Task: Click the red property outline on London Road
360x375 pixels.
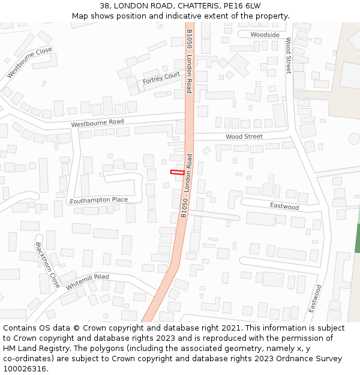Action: coord(177,172)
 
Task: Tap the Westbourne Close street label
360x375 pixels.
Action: coord(29,62)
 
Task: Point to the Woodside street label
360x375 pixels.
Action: coord(265,35)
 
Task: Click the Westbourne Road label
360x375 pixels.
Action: coord(97,122)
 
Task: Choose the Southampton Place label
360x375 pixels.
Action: coord(98,200)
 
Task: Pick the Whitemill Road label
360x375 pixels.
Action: coord(87,282)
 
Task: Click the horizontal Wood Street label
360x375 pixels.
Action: coord(244,137)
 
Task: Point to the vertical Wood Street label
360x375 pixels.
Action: coord(288,56)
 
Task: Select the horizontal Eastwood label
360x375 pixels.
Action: coord(284,207)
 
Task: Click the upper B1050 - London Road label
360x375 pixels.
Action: coord(189,61)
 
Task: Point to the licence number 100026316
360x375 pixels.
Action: coord(25,369)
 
